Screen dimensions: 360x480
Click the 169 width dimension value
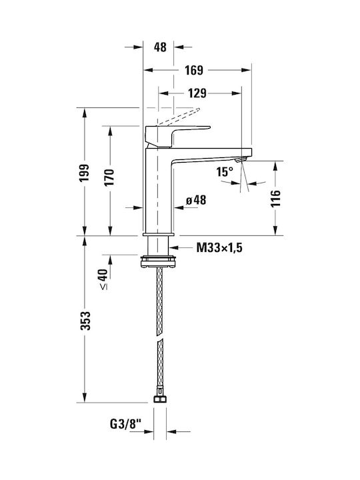tap(194, 70)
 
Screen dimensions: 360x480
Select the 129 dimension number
tap(197, 93)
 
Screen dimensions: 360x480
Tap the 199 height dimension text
tap(84, 173)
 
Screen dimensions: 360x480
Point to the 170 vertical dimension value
tap(109, 177)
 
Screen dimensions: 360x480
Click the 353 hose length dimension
tap(85, 321)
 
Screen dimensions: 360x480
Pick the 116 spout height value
tap(275, 199)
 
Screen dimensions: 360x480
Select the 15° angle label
tap(225, 172)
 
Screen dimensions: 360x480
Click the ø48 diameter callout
tap(196, 201)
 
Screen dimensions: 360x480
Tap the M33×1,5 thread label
tap(219, 247)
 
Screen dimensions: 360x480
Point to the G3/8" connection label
tap(125, 424)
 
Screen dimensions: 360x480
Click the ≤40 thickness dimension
tap(103, 279)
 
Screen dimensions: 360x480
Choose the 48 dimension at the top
tap(160, 47)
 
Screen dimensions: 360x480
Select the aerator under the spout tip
tap(241, 159)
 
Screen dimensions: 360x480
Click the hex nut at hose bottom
tap(160, 399)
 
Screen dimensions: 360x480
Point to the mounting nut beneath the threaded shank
tap(158, 261)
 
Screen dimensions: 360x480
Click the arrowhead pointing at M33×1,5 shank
tap(173, 247)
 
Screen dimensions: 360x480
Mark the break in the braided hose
tap(159, 339)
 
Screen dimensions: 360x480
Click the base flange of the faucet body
tap(158, 234)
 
